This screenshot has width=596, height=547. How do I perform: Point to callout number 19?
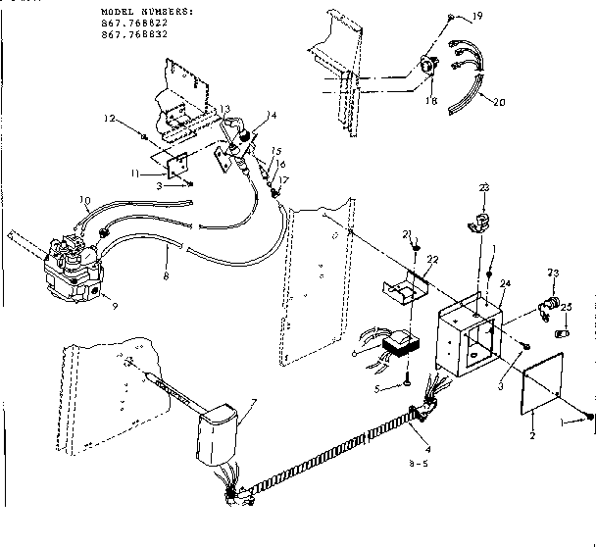point(477,18)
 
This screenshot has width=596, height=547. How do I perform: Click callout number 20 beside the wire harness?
point(499,102)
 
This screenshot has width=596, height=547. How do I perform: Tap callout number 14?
point(272,116)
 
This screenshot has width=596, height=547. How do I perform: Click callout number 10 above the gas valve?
point(86,205)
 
